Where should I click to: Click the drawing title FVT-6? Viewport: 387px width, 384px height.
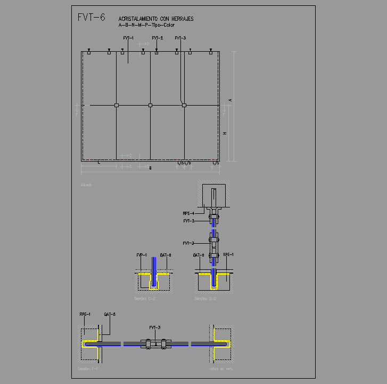click(x=91, y=17)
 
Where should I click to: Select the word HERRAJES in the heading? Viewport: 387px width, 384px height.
click(x=182, y=19)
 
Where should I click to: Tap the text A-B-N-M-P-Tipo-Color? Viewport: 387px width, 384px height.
click(x=146, y=25)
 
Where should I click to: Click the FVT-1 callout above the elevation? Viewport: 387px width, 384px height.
click(x=128, y=38)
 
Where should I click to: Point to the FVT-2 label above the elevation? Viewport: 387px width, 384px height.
click(x=157, y=38)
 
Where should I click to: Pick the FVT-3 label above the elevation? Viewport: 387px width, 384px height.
click(x=180, y=38)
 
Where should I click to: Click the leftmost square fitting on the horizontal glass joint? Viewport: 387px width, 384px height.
click(x=117, y=106)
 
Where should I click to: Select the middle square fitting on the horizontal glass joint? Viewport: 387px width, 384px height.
click(x=150, y=106)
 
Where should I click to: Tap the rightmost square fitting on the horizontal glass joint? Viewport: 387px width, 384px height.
click(x=184, y=106)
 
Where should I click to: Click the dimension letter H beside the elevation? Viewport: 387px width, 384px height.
click(x=225, y=133)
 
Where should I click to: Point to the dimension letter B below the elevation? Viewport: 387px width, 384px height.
click(x=151, y=169)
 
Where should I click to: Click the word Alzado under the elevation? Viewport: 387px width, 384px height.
click(x=86, y=185)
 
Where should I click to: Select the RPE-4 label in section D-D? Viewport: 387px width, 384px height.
click(x=188, y=213)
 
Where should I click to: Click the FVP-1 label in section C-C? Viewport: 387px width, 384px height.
click(x=141, y=255)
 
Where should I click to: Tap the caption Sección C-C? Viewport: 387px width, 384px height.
click(x=145, y=299)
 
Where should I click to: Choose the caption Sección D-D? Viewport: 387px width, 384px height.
click(x=205, y=299)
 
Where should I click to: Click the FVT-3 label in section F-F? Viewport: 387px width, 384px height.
click(x=154, y=327)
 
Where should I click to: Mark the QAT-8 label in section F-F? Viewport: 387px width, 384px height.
click(x=110, y=314)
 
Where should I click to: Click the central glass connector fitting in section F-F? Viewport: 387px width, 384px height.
click(x=154, y=344)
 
